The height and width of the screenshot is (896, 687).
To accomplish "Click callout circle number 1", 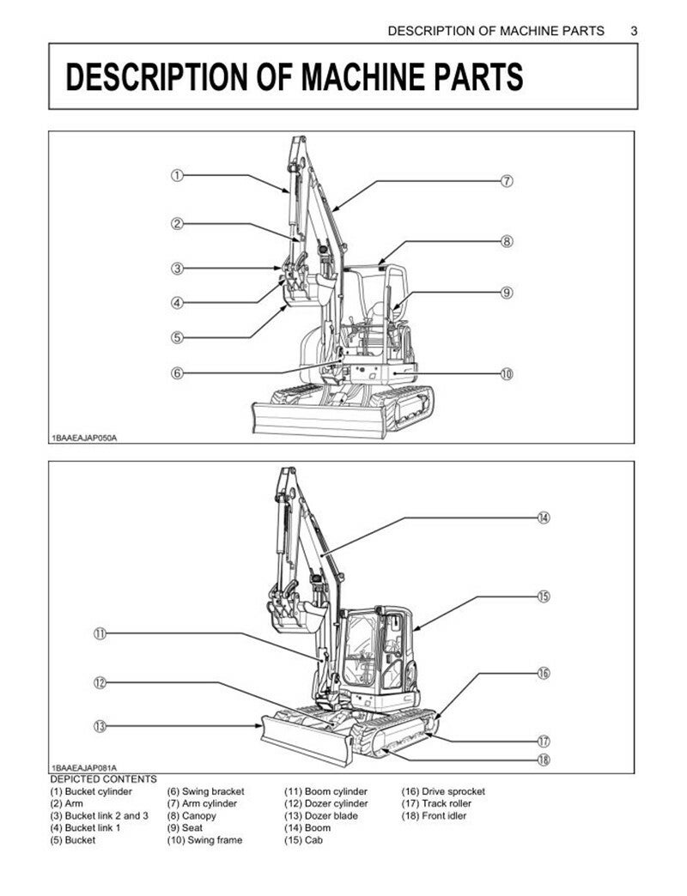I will pos(176,176).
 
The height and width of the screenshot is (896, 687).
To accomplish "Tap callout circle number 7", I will pos(507,181).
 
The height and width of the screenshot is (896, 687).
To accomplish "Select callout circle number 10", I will pos(507,373).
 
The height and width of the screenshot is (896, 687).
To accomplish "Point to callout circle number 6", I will pos(176,373).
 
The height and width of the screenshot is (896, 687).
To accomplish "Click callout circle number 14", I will pos(544,518).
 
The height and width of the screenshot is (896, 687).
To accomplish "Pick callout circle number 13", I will pos(100,726).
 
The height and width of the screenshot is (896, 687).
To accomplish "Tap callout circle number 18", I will pos(544,760).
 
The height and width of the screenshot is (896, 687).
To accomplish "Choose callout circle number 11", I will pos(100,634).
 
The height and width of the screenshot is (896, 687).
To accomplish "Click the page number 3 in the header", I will pos(634,31).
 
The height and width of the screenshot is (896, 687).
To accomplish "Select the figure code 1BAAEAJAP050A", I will pos(84,438).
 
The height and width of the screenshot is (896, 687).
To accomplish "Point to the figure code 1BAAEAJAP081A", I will pos(84,767).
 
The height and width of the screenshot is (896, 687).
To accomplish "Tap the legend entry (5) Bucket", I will pos(73,840).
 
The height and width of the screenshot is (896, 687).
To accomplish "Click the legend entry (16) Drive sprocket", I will pos(443,791).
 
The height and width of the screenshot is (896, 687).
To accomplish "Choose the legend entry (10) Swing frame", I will pos(204,840).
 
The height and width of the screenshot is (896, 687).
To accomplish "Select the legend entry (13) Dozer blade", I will pos(321,815).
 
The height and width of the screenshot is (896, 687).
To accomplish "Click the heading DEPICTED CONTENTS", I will pos(103,779).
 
